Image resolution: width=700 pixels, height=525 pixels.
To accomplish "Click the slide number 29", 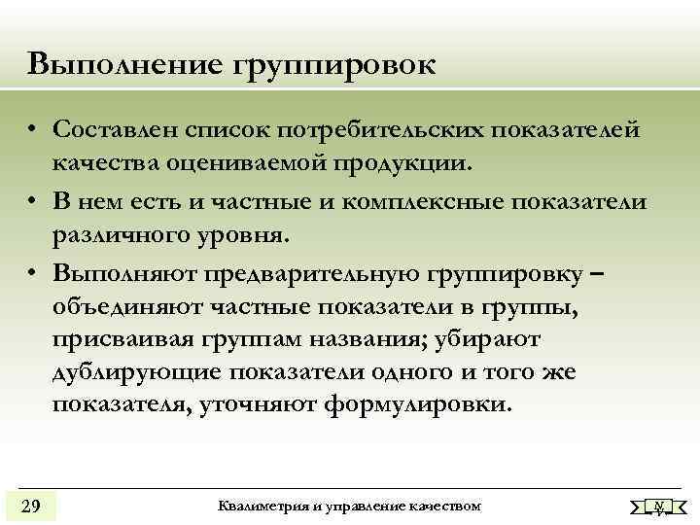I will (30, 507).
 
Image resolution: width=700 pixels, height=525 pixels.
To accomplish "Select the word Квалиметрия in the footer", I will (257, 506).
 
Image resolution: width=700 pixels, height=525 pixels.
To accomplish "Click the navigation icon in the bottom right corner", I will (658, 507).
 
